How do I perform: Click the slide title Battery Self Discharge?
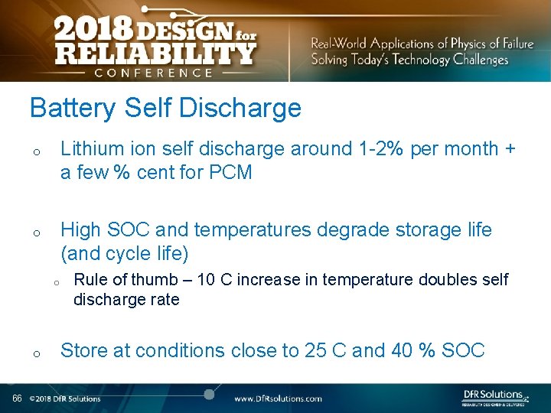pos(165,109)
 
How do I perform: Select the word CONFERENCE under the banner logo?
pos(153,73)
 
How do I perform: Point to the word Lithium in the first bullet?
pos(86,149)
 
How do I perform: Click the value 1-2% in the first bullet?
pos(378,149)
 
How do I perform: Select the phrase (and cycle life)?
pos(125,253)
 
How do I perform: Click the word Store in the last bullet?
pos(83,351)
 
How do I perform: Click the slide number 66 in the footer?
pos(16,398)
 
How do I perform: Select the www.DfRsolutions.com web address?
pos(278,398)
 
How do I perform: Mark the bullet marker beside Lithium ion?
pos(36,153)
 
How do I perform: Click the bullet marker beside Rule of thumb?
pos(57,282)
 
